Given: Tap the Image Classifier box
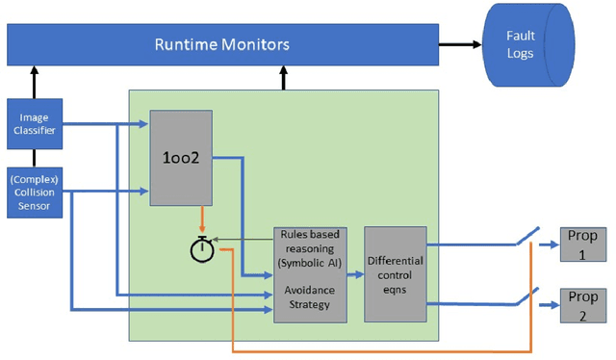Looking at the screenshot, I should (35, 124).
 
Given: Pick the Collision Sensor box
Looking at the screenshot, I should (35, 191).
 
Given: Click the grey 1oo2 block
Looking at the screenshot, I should (181, 158).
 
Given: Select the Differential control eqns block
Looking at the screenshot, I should (395, 273).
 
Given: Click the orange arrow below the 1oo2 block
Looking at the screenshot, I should (200, 218).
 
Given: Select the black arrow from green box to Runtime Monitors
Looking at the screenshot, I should (284, 78).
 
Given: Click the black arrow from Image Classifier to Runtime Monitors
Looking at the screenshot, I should (35, 82).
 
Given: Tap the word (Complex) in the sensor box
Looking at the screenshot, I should (35, 178).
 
